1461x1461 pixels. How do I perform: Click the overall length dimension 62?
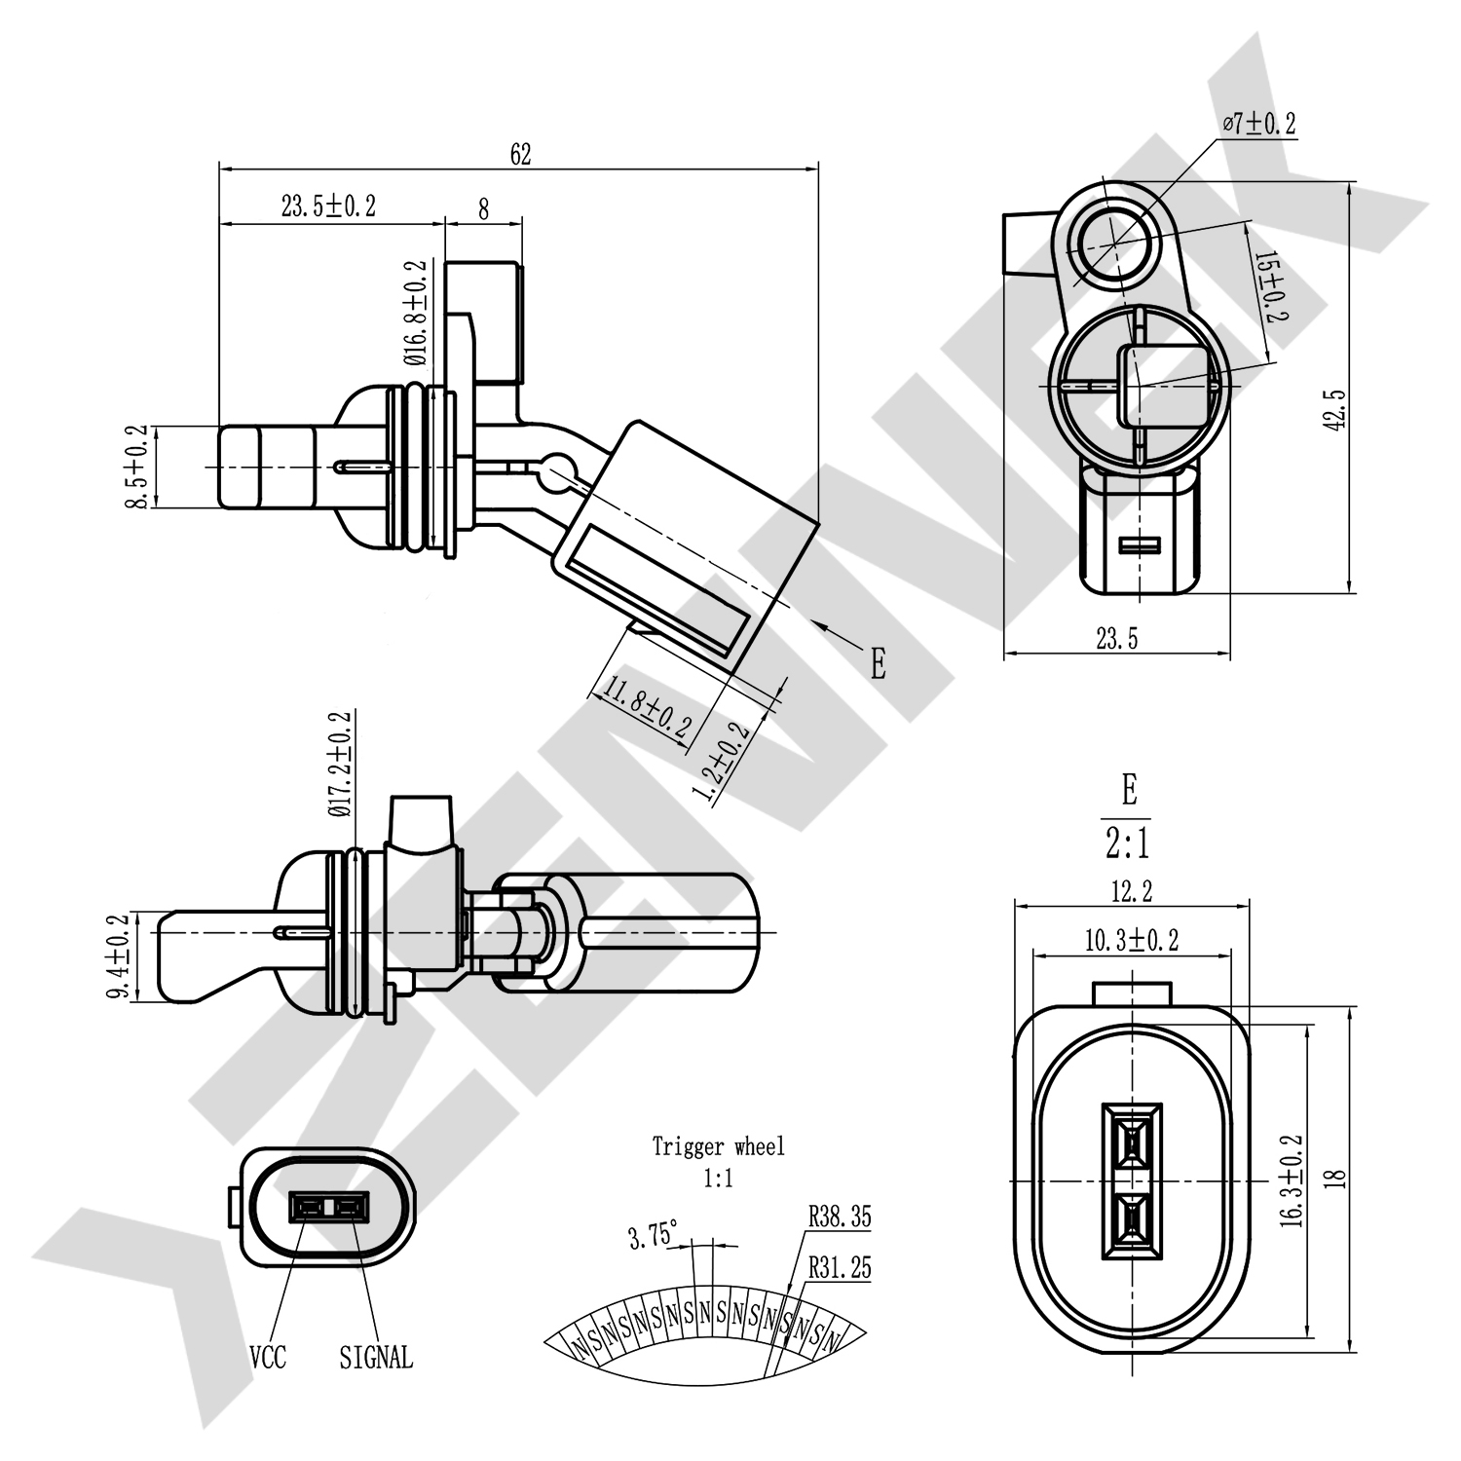tap(520, 154)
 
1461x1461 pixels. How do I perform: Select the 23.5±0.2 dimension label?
tap(328, 206)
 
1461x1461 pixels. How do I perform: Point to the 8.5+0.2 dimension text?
tap(136, 467)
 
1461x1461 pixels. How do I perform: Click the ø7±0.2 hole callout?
tap(1259, 124)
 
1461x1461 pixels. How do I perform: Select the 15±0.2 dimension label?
tap(1271, 287)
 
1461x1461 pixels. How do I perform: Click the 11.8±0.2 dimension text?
tap(648, 708)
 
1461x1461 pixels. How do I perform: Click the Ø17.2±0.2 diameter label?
tap(340, 764)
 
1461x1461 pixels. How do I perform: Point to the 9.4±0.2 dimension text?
tap(119, 956)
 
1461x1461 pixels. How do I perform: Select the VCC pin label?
tap(268, 1357)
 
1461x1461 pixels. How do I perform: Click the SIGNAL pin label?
tap(376, 1357)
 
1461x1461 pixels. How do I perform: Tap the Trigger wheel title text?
tap(718, 1146)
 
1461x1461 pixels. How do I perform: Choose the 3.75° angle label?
tap(653, 1236)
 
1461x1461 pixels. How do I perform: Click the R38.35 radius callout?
tap(839, 1217)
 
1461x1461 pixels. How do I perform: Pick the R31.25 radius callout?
tap(839, 1267)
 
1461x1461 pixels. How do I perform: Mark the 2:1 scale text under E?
tap(1128, 843)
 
